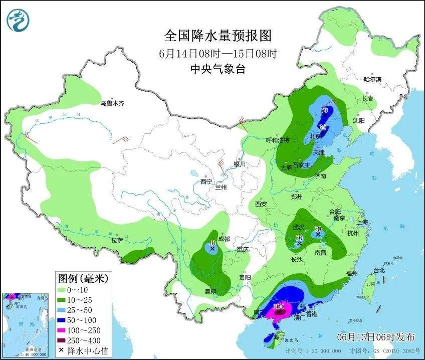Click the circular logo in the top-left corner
point(18,19)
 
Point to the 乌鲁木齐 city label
point(112,103)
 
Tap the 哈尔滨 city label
point(372,79)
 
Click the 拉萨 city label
point(117,240)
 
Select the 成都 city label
point(224,239)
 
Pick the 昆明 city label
point(210,291)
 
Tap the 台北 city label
point(379,270)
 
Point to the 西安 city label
point(261,204)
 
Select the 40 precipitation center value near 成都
point(212,243)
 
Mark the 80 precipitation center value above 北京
point(323,127)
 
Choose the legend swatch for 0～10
point(64,290)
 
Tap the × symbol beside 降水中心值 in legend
point(61,350)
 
